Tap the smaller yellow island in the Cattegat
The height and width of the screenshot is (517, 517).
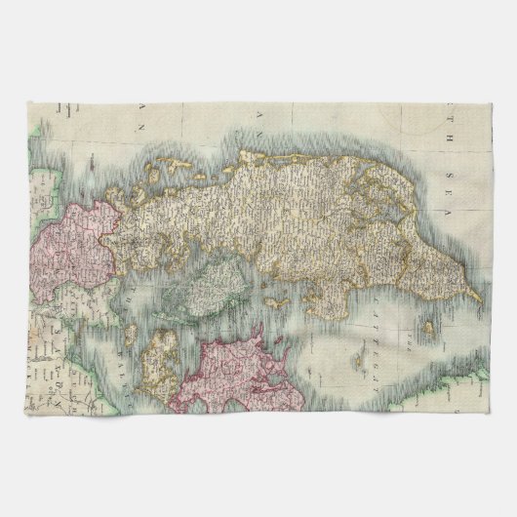tap(428, 332)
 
